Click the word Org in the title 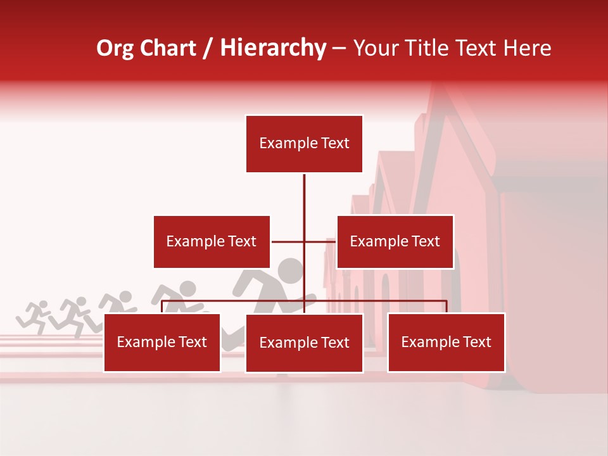tap(115, 48)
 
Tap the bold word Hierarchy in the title tap(273, 48)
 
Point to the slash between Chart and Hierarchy tap(208, 49)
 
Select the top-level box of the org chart tap(304, 144)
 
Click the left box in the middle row tap(212, 241)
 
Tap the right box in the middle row tap(395, 241)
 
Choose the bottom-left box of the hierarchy tap(162, 342)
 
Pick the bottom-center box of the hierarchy tap(304, 343)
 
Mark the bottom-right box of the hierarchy tap(446, 342)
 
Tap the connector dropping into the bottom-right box tap(446, 307)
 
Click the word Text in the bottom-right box tap(476, 342)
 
